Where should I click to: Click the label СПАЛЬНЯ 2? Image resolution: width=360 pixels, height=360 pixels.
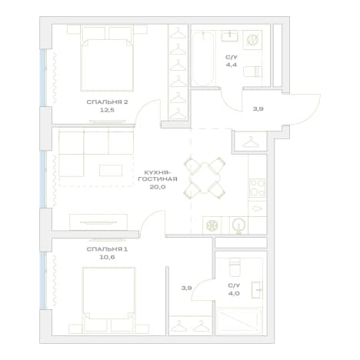tap(107, 102)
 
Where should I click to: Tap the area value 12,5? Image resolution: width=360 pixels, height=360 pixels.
tap(107, 110)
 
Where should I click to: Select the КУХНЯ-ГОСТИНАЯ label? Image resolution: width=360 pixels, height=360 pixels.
tap(158, 175)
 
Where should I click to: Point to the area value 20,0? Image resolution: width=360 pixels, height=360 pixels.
tap(158, 187)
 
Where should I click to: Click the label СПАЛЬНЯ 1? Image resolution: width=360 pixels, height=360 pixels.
tap(107, 249)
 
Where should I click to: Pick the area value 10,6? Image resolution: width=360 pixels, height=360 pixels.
tap(107, 257)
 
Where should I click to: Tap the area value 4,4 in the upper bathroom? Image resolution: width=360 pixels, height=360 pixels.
tap(231, 65)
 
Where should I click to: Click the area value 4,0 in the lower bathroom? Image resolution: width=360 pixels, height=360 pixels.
tap(234, 293)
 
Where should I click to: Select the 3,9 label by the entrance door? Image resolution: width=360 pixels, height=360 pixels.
tap(258, 108)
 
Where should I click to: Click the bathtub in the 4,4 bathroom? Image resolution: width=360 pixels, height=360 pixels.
tap(203, 58)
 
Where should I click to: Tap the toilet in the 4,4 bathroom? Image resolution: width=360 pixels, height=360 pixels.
tap(252, 72)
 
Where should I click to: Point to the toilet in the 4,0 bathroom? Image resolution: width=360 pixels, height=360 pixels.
tap(235, 267)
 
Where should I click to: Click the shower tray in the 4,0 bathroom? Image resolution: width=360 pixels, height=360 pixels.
tap(239, 321)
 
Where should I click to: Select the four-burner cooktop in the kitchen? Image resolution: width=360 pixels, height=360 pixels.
tap(257, 188)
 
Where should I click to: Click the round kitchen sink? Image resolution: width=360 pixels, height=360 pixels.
tap(238, 225)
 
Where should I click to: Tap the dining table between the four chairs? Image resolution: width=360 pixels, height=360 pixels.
tap(205, 178)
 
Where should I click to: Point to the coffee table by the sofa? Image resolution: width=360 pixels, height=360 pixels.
tap(111, 171)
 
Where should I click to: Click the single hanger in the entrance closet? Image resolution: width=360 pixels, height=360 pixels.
tap(251, 142)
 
